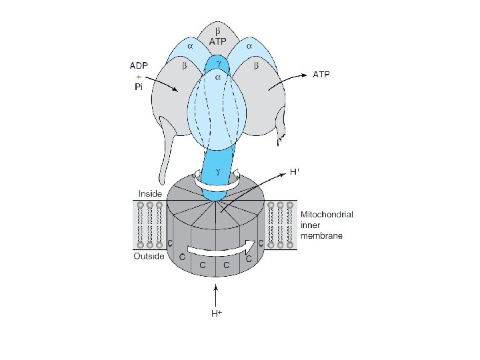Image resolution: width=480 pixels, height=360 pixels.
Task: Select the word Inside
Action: coord(149,194)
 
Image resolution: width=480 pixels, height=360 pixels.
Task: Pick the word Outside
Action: coord(148,257)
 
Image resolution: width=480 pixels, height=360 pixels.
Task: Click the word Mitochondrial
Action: coord(326,215)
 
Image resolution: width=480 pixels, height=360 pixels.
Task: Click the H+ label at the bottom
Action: coord(216,313)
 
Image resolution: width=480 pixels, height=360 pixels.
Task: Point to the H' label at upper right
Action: coord(295,172)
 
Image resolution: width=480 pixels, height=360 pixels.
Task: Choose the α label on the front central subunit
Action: coord(217,78)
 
